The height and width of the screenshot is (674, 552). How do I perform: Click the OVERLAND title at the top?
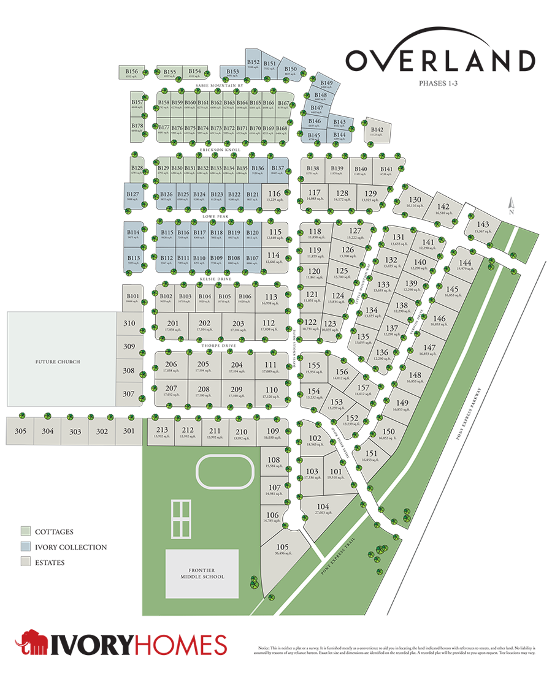click(440, 60)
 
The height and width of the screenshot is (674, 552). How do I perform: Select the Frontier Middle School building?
click(202, 574)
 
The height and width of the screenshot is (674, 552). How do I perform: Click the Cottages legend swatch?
click(25, 531)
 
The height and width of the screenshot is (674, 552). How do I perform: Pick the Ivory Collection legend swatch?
click(25, 547)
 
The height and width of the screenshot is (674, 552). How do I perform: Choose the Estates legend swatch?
click(25, 562)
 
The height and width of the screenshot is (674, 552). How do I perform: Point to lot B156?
click(132, 73)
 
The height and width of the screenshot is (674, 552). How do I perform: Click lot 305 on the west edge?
click(21, 431)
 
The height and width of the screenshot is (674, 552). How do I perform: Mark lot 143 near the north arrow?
click(483, 227)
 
